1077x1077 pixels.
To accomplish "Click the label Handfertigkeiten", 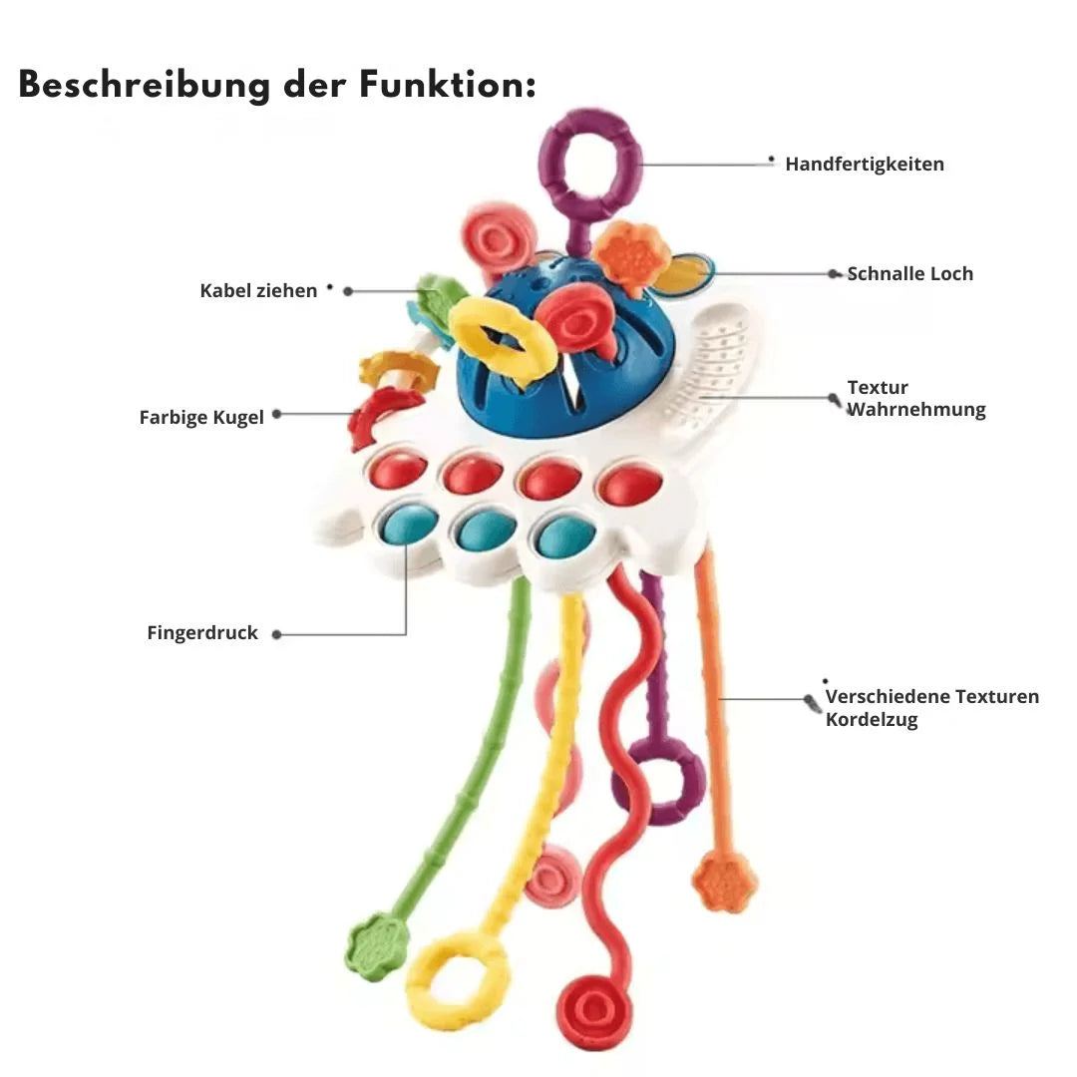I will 864,165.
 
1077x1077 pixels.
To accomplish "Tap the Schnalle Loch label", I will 909,274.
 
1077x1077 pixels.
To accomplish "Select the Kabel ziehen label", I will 258,291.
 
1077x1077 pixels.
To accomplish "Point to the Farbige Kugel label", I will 201,418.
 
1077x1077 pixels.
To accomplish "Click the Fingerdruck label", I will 202,633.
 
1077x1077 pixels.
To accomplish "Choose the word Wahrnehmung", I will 915,410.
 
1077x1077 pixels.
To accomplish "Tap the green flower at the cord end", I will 377,945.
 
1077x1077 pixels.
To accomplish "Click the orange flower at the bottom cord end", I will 724,882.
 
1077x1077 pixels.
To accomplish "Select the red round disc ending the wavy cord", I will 594,1009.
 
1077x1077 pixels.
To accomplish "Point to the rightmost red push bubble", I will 629,485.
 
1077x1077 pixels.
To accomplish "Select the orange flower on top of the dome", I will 632,256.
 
